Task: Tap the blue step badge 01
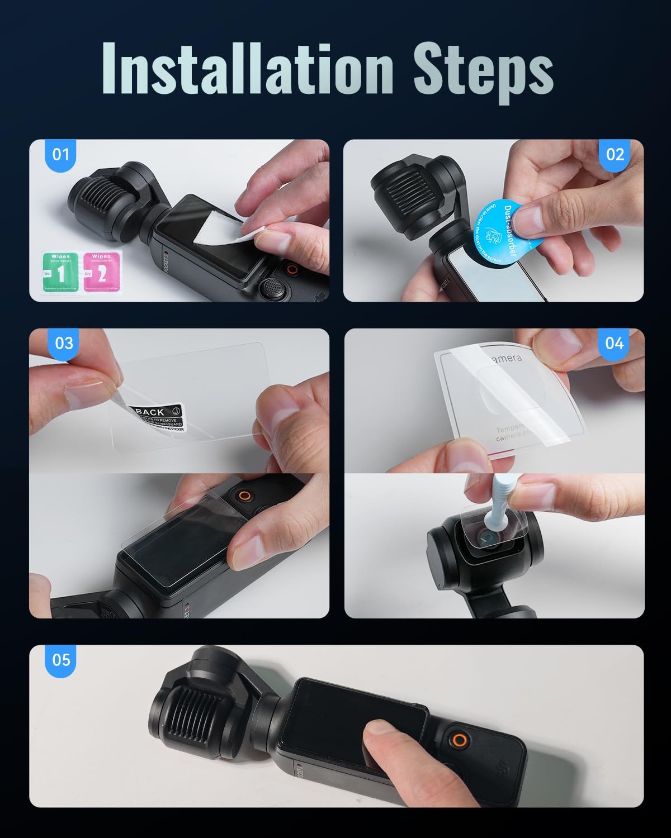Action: tap(60, 154)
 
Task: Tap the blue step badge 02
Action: tap(615, 154)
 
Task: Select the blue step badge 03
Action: tap(64, 342)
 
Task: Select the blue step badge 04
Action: tap(614, 342)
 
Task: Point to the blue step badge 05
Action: tap(61, 660)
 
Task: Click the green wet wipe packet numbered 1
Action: tap(60, 272)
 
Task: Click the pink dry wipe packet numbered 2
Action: tap(101, 272)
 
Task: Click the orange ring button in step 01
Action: tap(291, 269)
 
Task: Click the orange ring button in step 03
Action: tap(244, 496)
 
